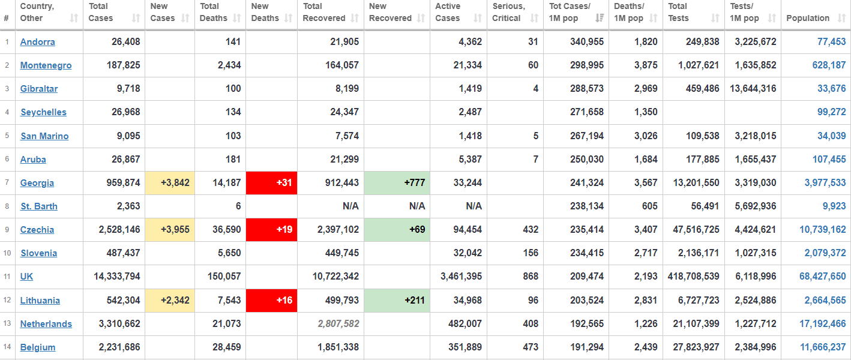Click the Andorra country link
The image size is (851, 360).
(x=37, y=42)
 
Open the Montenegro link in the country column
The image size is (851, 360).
(x=46, y=65)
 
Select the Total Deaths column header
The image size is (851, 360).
(x=210, y=12)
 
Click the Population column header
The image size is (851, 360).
(x=808, y=18)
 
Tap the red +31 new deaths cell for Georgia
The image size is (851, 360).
(x=271, y=183)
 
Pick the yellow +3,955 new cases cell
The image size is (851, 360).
(x=170, y=230)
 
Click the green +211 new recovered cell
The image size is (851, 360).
(x=397, y=300)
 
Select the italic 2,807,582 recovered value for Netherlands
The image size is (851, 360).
(x=334, y=324)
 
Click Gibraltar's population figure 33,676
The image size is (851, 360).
(x=831, y=89)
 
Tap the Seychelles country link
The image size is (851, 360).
(x=43, y=112)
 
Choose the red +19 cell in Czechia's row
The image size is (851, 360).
(x=271, y=230)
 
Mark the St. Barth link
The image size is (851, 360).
(x=39, y=206)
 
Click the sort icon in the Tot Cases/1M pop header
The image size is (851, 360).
(x=600, y=18)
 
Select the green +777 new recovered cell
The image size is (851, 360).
(x=397, y=183)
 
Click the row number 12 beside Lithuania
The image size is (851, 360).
(x=7, y=300)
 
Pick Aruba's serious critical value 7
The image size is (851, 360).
(x=535, y=160)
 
